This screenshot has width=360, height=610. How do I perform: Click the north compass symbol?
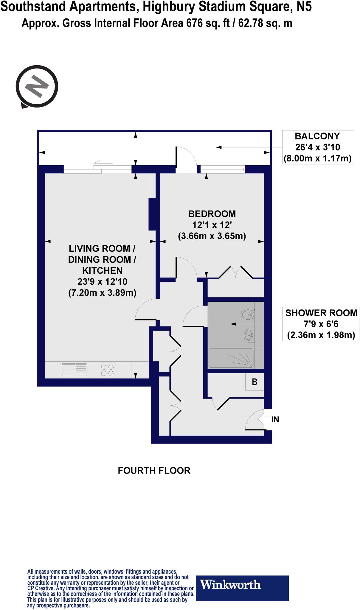[37, 87]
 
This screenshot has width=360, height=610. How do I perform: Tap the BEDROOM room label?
[212, 214]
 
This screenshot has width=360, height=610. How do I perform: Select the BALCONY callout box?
[318, 147]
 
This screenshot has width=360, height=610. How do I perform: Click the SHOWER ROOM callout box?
[321, 324]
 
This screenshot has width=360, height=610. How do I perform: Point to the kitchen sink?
[74, 370]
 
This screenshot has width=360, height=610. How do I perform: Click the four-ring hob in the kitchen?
[107, 370]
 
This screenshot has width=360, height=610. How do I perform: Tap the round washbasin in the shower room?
[248, 335]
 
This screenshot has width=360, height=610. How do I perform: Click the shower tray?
[231, 358]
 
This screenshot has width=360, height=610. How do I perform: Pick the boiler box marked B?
[255, 382]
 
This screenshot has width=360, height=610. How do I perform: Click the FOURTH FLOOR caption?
[154, 471]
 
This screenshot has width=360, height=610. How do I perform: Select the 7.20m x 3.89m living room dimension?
[102, 293]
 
